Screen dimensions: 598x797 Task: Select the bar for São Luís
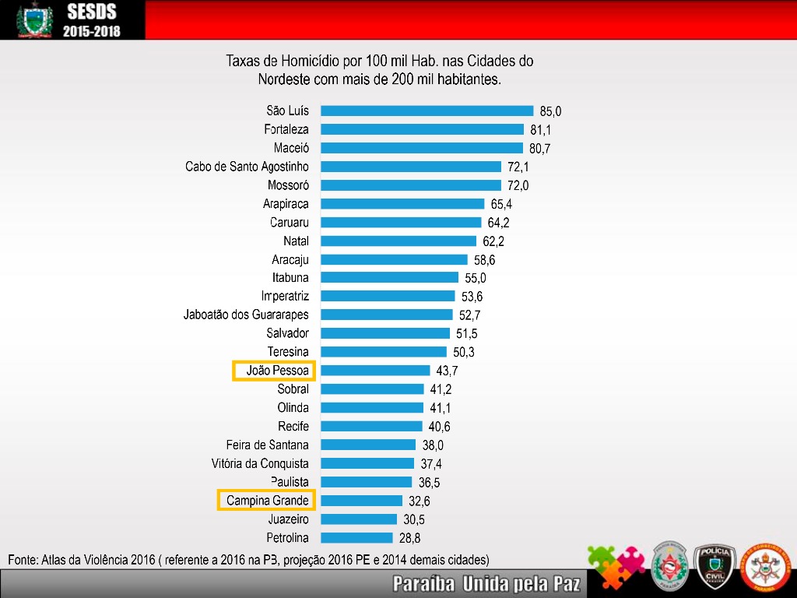[x=427, y=111]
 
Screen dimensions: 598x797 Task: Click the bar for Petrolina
[x=356, y=537]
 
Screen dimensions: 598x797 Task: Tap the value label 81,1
[x=546, y=130]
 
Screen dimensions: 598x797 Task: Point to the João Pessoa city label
[x=273, y=371]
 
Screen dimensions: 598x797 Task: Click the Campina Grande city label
[x=267, y=500]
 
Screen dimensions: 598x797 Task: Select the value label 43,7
[x=447, y=371]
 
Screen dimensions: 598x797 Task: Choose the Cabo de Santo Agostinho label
[x=247, y=167]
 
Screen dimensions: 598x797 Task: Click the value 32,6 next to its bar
[x=420, y=501]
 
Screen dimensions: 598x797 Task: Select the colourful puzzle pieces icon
[x=615, y=567]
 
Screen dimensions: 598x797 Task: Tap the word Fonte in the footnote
[x=23, y=560]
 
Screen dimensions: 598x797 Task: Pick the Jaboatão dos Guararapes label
[x=246, y=315]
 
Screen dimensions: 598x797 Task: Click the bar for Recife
[x=371, y=426]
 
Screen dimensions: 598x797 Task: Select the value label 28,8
[x=409, y=538]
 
